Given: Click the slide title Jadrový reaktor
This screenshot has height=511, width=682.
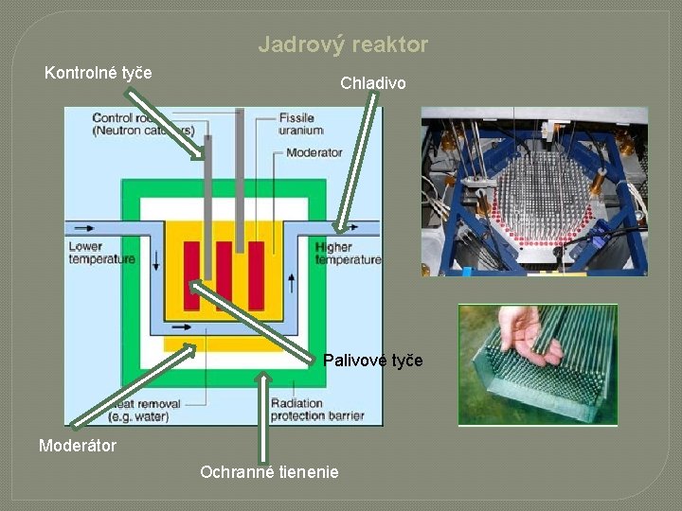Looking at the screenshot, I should [343, 44].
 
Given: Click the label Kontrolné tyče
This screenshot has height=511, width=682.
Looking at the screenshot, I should [99, 73].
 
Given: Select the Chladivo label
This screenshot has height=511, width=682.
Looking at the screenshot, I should [373, 83].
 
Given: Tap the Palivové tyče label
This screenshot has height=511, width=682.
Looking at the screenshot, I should [373, 361].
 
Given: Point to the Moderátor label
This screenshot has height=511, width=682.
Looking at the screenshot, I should [78, 445].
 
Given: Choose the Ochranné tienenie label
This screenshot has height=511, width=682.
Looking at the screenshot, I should [269, 471].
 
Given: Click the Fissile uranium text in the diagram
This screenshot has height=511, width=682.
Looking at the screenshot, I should [300, 124].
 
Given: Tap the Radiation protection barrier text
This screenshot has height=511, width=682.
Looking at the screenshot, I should [316, 409].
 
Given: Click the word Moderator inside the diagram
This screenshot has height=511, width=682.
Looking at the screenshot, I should [314, 152].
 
